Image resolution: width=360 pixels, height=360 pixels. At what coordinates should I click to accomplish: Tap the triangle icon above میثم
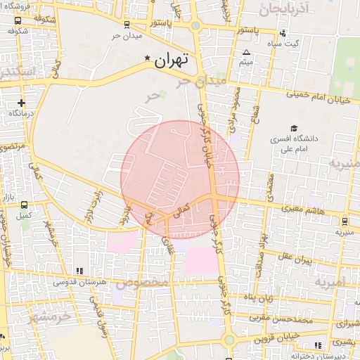pyautogui.click(x=246, y=53)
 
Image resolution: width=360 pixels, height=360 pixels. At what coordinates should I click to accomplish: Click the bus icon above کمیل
pyautogui.click(x=25, y=205)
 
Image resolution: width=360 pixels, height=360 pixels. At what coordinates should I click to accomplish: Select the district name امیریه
pyautogui.click(x=330, y=283)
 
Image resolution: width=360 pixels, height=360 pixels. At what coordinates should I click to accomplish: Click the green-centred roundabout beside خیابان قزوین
pyautogui.click(x=228, y=340)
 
